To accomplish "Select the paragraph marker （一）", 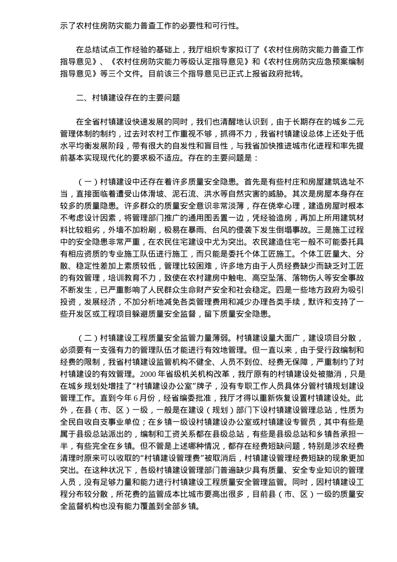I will (x=88, y=182).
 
